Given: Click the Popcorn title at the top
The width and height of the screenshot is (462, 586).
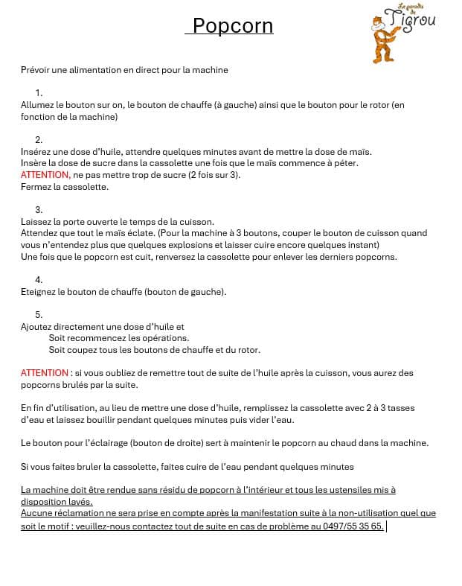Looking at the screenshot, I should pyautogui.click(x=232, y=26).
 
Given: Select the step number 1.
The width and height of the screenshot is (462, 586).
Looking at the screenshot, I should pyautogui.click(x=39, y=93).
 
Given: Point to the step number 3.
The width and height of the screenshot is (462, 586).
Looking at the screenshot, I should pyautogui.click(x=39, y=210).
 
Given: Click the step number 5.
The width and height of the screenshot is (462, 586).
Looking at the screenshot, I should pyautogui.click(x=39, y=315).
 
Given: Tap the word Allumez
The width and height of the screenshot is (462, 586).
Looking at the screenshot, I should pyautogui.click(x=38, y=105).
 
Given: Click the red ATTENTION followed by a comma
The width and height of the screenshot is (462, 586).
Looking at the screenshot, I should pyautogui.click(x=46, y=175).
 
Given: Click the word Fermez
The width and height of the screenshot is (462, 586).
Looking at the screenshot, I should pyautogui.click(x=36, y=187).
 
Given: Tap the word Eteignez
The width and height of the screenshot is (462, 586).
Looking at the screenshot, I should pyautogui.click(x=39, y=292).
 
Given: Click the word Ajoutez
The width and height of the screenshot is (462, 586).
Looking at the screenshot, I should pyautogui.click(x=38, y=327).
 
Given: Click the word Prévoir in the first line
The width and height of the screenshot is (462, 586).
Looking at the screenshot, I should pyautogui.click(x=36, y=70).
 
